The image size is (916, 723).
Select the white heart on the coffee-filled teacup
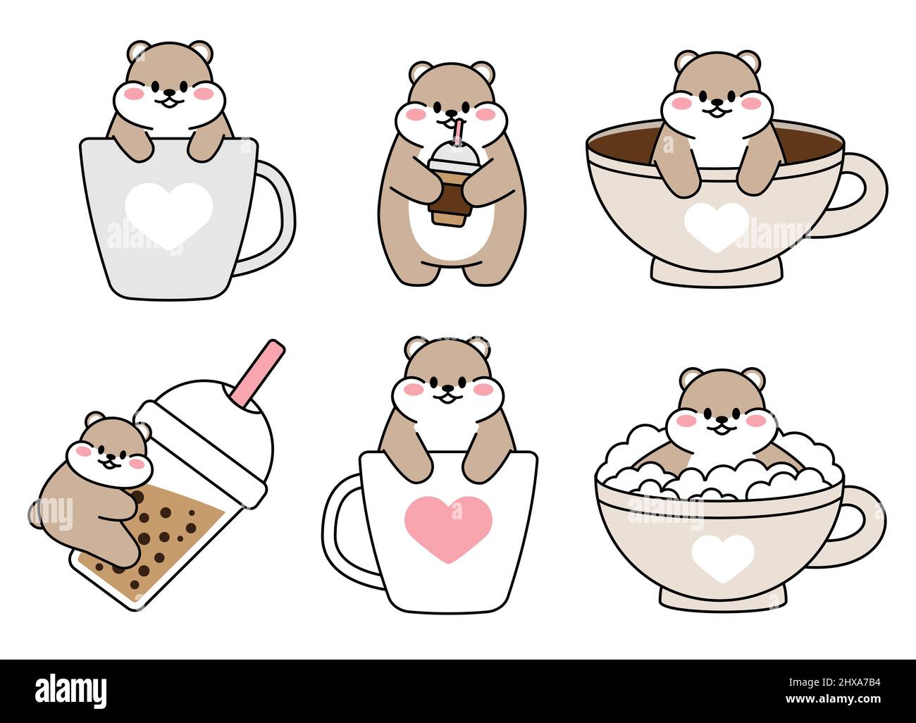(715, 226)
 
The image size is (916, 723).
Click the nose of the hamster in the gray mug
(167, 92)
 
